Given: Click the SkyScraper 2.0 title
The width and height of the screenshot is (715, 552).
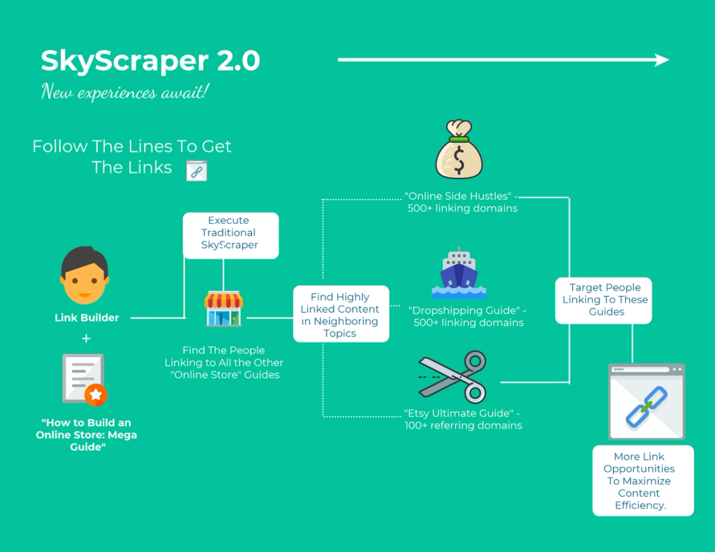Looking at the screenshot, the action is coord(151,61).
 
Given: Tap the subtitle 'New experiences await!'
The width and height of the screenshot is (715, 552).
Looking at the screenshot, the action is coord(125,91).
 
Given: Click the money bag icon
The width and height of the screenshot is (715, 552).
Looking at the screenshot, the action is coord(459,149).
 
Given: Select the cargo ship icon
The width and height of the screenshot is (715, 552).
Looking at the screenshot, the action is coord(459,273).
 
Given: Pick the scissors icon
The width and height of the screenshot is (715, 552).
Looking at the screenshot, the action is coord(452,377).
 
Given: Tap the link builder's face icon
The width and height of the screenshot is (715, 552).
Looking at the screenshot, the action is coord(84,276).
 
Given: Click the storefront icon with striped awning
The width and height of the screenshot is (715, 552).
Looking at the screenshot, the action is coord(223,308).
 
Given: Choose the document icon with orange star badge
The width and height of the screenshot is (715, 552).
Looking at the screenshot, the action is coord(84,379).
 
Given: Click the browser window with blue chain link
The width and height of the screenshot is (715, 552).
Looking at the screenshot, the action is coord(647,401).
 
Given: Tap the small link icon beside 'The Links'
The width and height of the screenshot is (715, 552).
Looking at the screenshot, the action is coord(196,171).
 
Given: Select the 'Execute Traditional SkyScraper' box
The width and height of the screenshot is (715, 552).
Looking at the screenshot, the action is coord(230,236).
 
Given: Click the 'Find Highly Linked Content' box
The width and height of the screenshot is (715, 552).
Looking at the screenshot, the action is coord(341,314).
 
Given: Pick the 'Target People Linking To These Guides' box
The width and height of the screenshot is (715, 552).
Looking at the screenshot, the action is coord(603,301).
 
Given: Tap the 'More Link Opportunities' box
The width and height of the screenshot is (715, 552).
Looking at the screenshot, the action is coord(643,481).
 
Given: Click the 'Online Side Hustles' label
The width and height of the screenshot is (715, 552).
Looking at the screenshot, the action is coord(462,202).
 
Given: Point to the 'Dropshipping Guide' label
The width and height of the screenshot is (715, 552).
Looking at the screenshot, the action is coord(468,316).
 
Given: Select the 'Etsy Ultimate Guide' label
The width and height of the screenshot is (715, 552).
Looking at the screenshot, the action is coord(463,419).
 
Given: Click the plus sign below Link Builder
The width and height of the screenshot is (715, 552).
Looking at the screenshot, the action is coord(86,338).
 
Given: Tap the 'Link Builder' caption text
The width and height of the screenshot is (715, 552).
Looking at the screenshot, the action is coord(87,318).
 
